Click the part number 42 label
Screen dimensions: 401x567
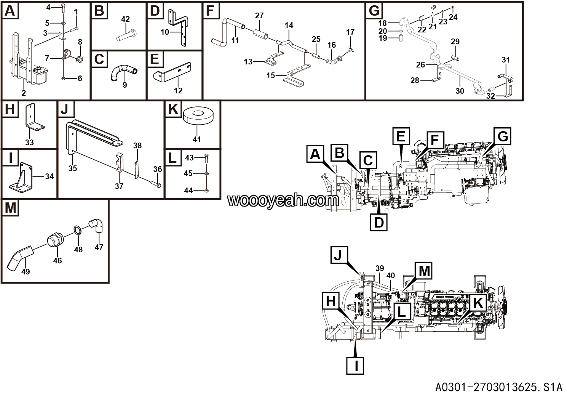tap(125, 19)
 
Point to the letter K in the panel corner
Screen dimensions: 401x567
tap(173, 110)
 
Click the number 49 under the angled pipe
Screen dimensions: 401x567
tap(26, 271)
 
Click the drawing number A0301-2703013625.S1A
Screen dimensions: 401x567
tap(499, 388)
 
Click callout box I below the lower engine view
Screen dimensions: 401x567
tap(356, 366)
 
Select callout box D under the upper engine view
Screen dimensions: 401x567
tap(379, 222)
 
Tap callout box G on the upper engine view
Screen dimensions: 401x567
tap(503, 136)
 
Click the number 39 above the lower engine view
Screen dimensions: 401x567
tap(379, 268)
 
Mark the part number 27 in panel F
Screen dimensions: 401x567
tap(259, 16)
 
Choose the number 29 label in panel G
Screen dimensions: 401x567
tap(455, 41)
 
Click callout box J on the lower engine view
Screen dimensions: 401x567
tap(338, 256)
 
